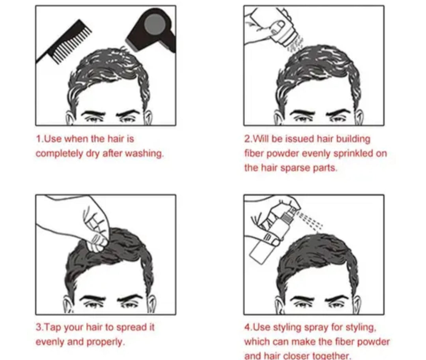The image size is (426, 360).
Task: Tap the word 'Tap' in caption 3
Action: [53, 327]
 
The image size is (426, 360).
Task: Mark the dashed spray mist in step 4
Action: [310, 219]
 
